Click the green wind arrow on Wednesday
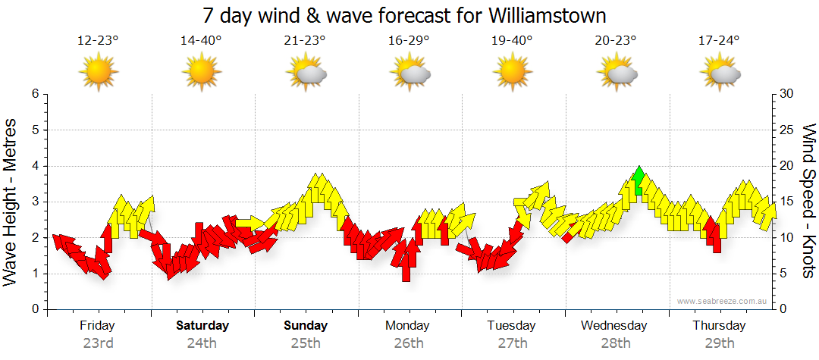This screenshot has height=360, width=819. pyautogui.click(x=639, y=180)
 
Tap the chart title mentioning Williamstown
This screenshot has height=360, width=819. pyautogui.click(x=405, y=15)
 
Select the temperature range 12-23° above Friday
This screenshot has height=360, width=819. pyautogui.click(x=98, y=41)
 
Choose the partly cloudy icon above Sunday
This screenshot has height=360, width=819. pyautogui.click(x=306, y=74)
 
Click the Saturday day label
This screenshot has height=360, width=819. pyautogui.click(x=202, y=326)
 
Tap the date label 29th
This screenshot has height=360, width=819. pyautogui.click(x=719, y=343)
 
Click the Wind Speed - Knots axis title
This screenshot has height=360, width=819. pyautogui.click(x=808, y=201)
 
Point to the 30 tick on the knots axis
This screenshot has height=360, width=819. pyautogui.click(x=788, y=94)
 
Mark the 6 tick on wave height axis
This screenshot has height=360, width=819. pyautogui.click(x=34, y=94)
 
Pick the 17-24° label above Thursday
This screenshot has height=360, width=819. pyautogui.click(x=720, y=41)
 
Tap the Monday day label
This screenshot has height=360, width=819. pyautogui.click(x=408, y=326)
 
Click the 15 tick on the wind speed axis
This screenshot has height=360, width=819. pyautogui.click(x=788, y=202)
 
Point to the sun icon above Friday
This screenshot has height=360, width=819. pyautogui.click(x=99, y=74)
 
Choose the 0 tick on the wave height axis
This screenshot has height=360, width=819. pyautogui.click(x=34, y=309)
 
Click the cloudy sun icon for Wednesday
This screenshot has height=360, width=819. pyautogui.click(x=617, y=74)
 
